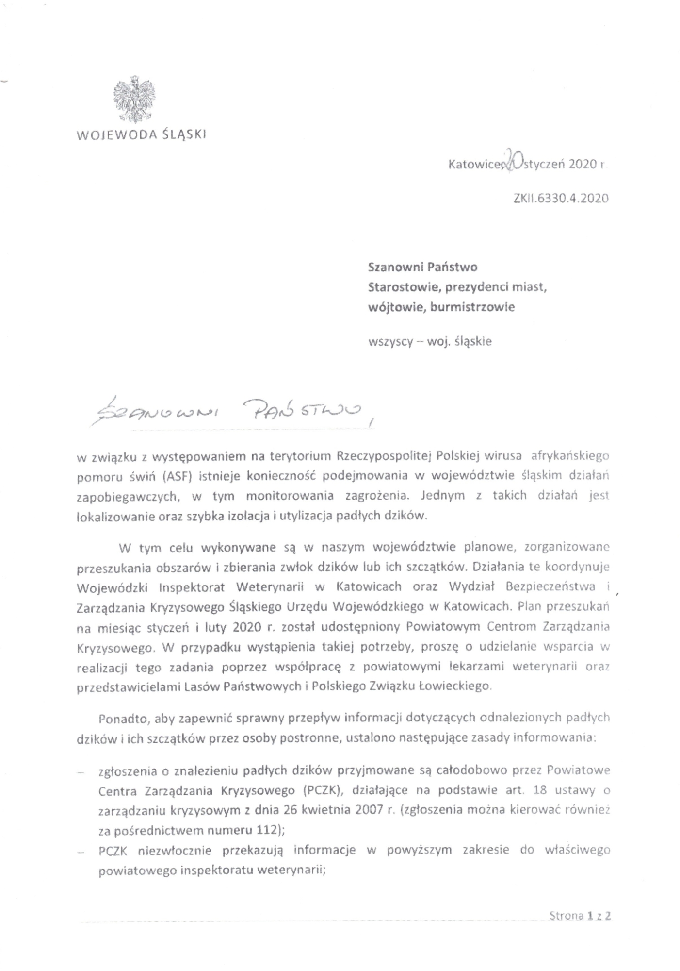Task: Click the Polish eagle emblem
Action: click(x=134, y=100)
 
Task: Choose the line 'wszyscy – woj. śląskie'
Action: click(x=430, y=341)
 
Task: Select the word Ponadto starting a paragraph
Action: click(x=119, y=718)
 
